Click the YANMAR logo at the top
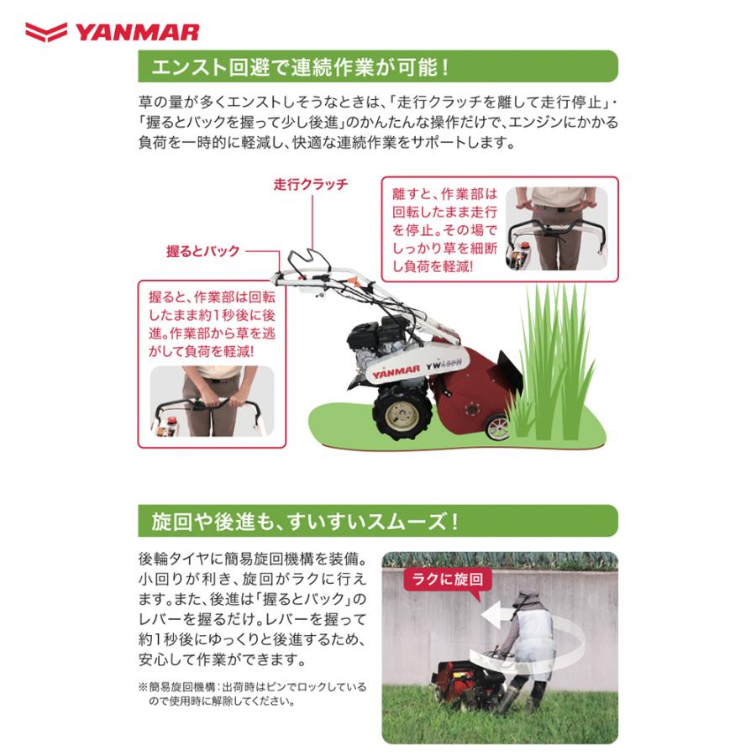point(112,33)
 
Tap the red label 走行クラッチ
point(310,184)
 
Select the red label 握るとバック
point(202,251)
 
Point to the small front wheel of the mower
point(496,426)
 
